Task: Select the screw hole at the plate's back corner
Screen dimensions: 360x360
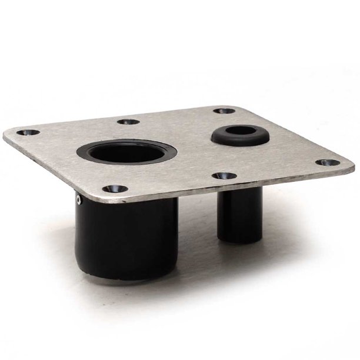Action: [221, 110]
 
